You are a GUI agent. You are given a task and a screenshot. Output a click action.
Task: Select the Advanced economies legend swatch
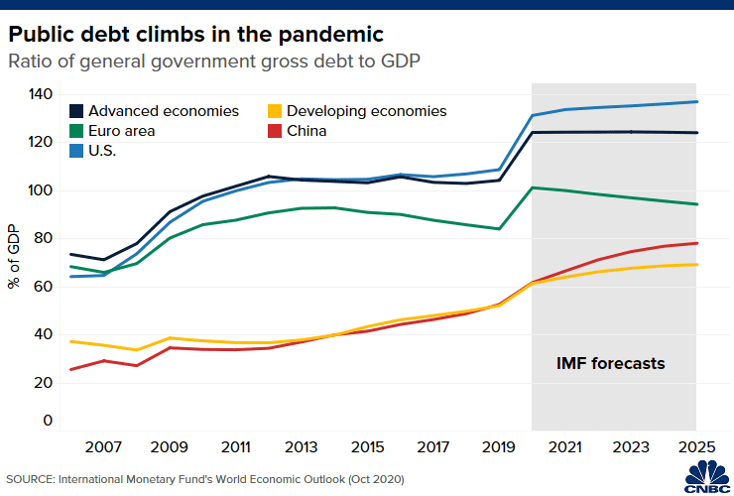[x=75, y=111]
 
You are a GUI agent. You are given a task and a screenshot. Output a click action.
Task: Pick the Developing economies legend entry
[x=356, y=111]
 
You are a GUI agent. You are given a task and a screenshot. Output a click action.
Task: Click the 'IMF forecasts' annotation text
[x=609, y=364]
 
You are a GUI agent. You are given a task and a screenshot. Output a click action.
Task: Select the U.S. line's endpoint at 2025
[x=696, y=102]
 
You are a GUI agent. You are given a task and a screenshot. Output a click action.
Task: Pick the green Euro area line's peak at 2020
[x=533, y=187]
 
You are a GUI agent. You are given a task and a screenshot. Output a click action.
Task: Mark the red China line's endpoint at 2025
[x=696, y=243]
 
